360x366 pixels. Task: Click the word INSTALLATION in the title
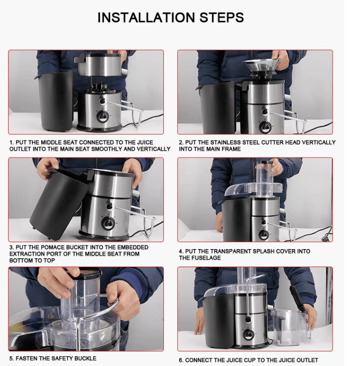pyautogui.click(x=146, y=18)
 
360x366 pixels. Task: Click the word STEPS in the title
pyautogui.click(x=222, y=18)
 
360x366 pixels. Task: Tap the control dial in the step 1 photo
pyautogui.click(x=103, y=117)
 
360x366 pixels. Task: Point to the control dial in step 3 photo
pyautogui.click(x=107, y=223)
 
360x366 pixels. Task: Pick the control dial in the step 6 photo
pyautogui.click(x=248, y=335)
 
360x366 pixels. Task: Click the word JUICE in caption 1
pyautogui.click(x=145, y=142)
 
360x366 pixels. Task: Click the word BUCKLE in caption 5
pyautogui.click(x=85, y=358)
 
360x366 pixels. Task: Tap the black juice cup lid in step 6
pyautogui.click(x=297, y=299)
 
